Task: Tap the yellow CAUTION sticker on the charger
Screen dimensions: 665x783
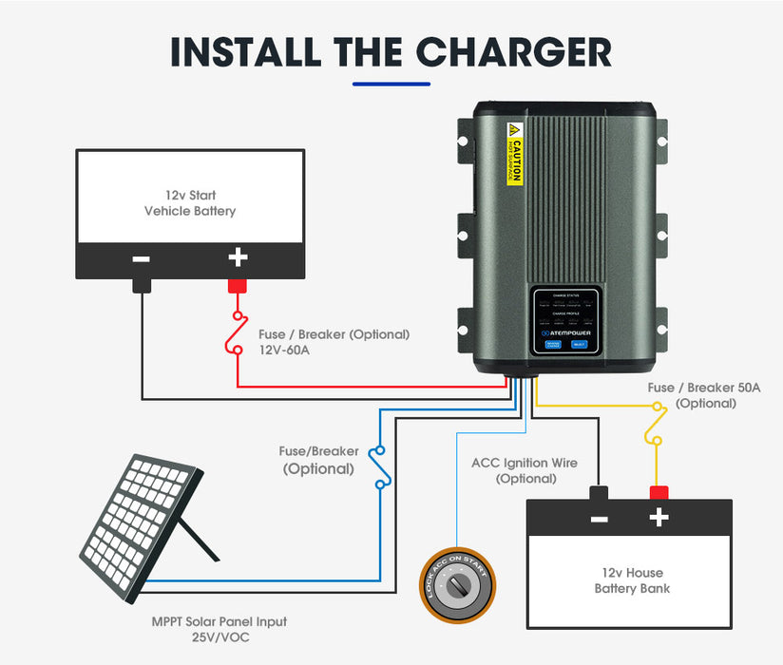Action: (515, 154)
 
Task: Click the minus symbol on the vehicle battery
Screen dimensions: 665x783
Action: (142, 257)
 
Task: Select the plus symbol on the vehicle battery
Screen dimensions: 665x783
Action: (238, 257)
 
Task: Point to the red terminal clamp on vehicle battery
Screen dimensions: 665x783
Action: (238, 285)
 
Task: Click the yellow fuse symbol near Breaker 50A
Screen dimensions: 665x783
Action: (655, 422)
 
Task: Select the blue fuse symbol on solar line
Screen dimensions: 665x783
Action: (380, 466)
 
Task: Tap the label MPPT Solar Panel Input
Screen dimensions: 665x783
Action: (220, 622)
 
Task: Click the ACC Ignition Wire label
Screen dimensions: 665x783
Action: (525, 464)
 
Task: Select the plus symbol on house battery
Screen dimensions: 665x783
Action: (659, 519)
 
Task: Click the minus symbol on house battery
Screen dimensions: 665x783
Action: (599, 519)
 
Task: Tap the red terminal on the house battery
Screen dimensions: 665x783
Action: (659, 492)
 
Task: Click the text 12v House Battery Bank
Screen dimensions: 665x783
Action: (632, 580)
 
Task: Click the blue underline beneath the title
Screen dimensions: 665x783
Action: (391, 85)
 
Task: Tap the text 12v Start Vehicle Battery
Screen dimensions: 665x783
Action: (190, 203)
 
